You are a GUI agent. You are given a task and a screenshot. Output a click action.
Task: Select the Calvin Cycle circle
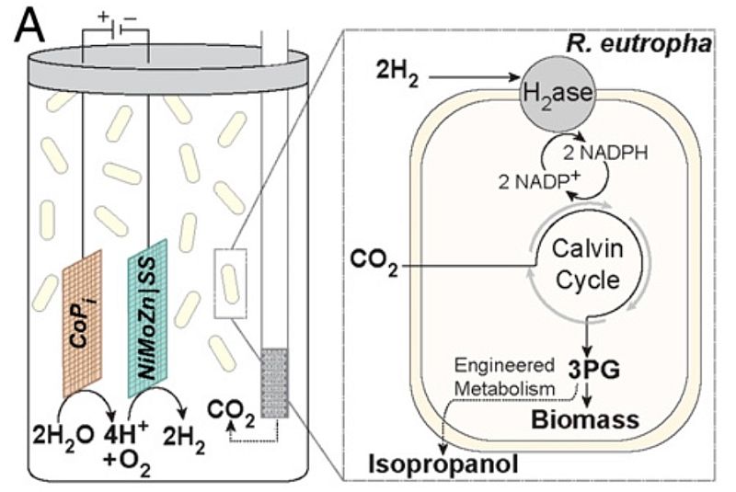click(x=580, y=262)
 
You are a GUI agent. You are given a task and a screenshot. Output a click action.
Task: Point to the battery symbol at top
click(x=116, y=29)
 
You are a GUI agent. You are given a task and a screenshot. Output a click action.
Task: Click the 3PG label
click(x=581, y=370)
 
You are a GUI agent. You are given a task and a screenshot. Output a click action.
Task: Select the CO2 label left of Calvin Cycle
click(x=374, y=268)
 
